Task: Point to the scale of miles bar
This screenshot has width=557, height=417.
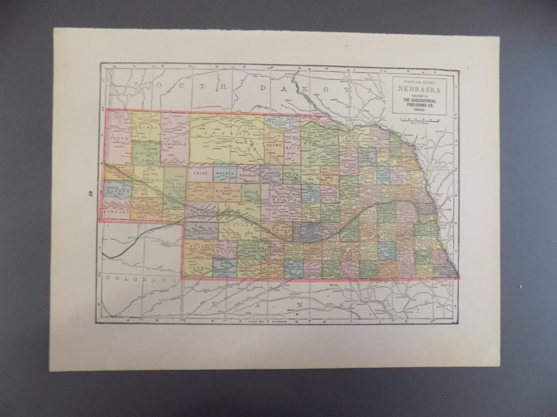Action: point(419,119)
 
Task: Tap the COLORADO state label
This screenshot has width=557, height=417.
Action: point(137,279)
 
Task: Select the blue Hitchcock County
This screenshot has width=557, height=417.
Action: point(225,268)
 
